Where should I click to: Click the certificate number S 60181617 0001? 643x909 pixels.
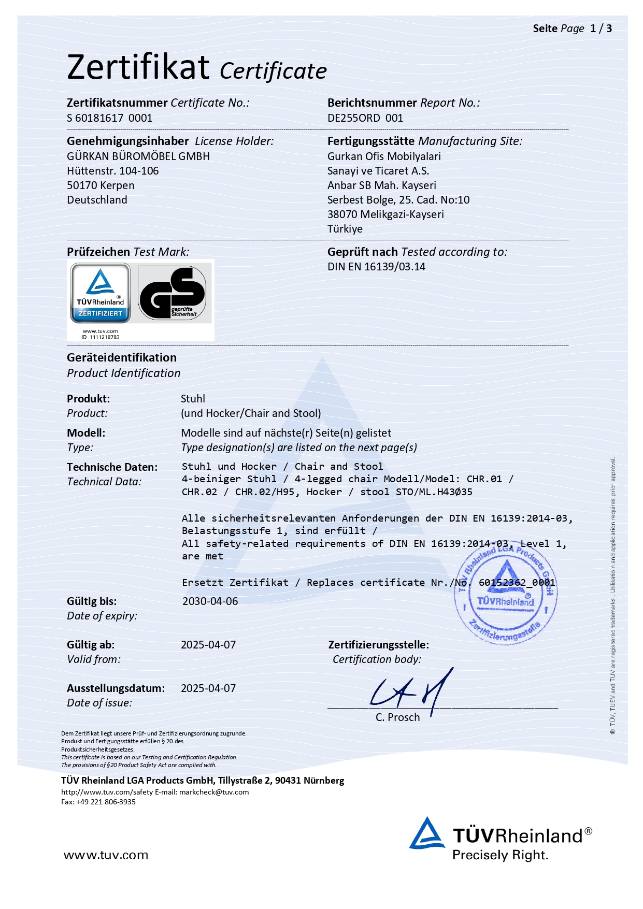109,118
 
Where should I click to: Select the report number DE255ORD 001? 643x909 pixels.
365,118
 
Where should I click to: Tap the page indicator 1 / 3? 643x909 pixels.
601,28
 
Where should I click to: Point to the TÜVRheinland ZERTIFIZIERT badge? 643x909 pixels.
101,293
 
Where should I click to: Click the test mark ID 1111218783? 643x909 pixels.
101,337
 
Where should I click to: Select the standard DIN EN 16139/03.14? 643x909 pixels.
376,267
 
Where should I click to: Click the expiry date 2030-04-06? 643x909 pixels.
210,601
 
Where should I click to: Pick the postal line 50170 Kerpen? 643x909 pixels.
101,185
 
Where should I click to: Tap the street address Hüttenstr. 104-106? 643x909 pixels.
113,171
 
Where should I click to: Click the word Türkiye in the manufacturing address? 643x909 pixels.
345,229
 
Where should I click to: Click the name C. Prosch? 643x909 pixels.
397,717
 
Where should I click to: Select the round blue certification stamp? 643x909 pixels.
505,596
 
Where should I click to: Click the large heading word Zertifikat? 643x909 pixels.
138,67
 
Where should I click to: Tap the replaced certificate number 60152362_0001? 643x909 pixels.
517,583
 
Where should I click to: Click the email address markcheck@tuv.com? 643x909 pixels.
214,792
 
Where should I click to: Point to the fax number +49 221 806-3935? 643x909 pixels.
106,802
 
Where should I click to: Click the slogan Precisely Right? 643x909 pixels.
500,855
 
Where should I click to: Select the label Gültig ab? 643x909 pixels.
91,645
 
